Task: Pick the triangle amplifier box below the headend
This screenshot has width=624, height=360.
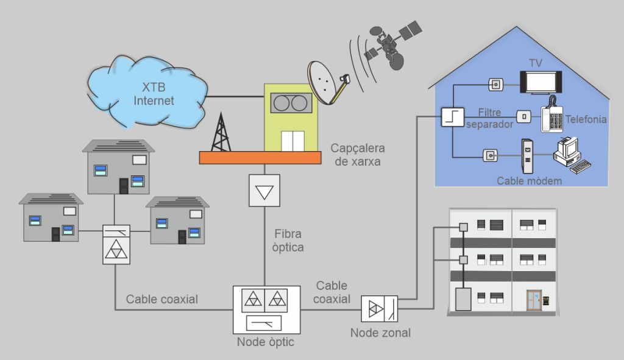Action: coord(264,191)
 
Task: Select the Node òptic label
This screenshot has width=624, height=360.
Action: coord(265,342)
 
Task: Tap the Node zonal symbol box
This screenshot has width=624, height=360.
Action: coord(379,309)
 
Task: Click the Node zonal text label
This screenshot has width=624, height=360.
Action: coord(380,333)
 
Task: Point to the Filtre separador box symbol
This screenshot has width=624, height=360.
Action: coord(453,116)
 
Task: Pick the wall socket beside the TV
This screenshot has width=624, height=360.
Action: coord(496,83)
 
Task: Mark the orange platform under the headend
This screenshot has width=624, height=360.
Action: coord(260,157)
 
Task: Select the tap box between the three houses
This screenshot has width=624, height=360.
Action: coord(116,244)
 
